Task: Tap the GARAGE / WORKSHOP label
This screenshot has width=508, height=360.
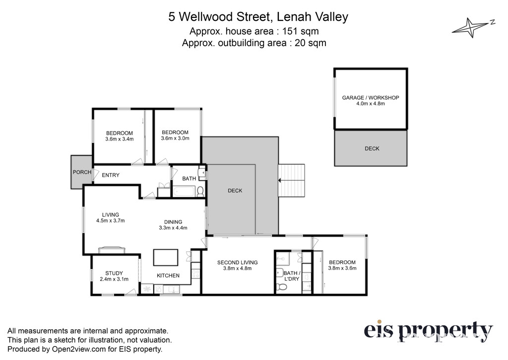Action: point(371,98)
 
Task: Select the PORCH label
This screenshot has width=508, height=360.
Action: point(82,172)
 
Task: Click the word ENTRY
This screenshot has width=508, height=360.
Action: point(111,175)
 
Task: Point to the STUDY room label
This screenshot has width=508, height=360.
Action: point(114,273)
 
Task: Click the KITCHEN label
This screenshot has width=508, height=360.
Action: point(168,276)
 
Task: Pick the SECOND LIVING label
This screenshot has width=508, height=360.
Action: point(238,262)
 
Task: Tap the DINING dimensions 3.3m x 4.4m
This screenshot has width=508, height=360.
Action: point(173,228)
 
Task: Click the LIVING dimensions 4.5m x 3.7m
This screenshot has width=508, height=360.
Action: point(111,220)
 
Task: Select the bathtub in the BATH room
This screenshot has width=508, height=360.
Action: point(184,191)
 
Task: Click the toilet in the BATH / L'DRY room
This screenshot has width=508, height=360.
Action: point(281,287)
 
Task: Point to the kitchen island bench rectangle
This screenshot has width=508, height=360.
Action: point(166,257)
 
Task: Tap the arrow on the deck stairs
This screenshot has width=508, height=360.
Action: point(291,180)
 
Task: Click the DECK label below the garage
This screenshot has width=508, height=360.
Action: point(372,148)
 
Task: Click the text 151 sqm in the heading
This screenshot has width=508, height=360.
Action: point(300,31)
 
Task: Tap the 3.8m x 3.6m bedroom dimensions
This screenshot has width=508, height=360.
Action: point(342,268)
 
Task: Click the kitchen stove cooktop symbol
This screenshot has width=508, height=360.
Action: point(195,274)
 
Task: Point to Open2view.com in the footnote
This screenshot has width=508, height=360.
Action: point(79,349)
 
